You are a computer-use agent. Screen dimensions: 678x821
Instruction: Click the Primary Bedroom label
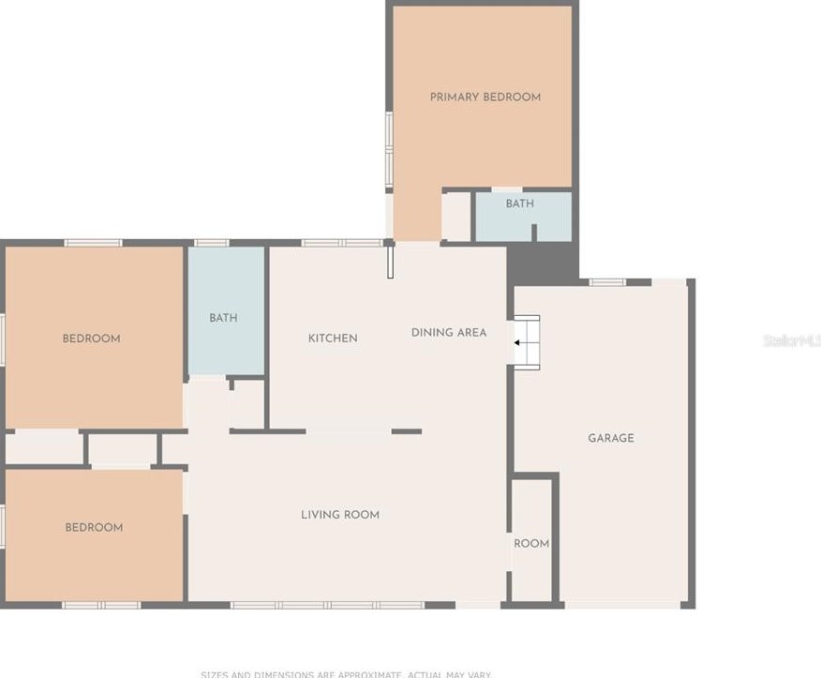(x=485, y=97)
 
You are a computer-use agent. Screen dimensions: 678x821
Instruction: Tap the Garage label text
(x=610, y=438)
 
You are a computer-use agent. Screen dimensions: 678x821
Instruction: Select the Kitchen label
(x=333, y=338)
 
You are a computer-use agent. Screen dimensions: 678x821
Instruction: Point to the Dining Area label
(x=448, y=332)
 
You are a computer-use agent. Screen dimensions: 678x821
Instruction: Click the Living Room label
(x=339, y=515)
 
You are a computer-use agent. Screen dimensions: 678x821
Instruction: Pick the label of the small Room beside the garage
(x=531, y=544)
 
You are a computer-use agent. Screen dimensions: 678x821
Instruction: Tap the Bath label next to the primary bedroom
(x=519, y=203)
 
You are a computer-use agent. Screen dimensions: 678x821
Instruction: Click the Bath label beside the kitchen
(x=223, y=318)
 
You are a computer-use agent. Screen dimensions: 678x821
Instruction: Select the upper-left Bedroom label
(x=91, y=339)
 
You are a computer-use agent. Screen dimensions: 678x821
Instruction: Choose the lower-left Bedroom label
(x=94, y=528)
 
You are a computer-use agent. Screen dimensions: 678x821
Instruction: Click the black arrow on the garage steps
(x=516, y=343)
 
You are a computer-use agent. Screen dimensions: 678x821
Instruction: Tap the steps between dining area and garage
(x=527, y=342)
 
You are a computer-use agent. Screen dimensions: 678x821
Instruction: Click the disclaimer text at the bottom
(x=346, y=673)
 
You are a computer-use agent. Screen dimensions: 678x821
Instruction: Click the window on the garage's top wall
(x=606, y=281)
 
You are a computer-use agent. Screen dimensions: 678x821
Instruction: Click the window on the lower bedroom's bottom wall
(x=101, y=605)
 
